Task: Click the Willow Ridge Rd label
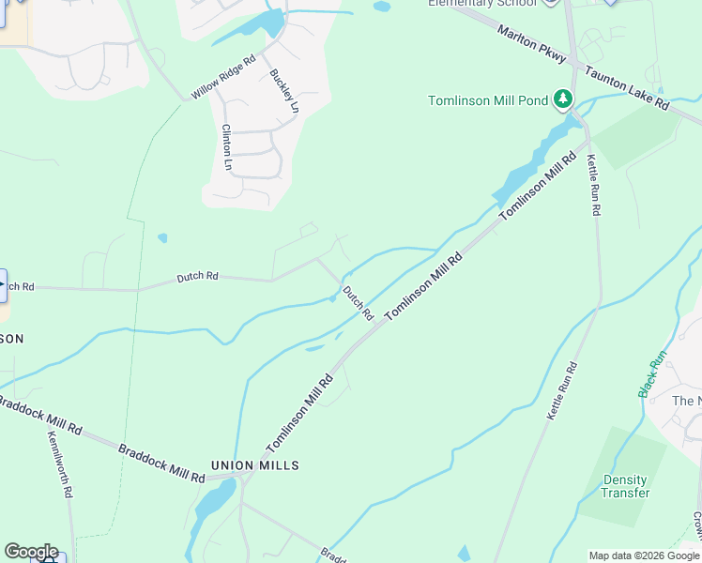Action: pyautogui.click(x=223, y=78)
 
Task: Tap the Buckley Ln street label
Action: pyautogui.click(x=283, y=92)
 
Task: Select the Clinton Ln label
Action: pyautogui.click(x=227, y=147)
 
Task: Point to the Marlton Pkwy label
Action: pyautogui.click(x=533, y=45)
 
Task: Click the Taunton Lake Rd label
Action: pyautogui.click(x=626, y=88)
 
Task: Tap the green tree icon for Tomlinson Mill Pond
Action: pyautogui.click(x=562, y=99)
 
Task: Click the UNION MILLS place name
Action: pyautogui.click(x=254, y=465)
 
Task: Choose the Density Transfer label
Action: pyautogui.click(x=626, y=486)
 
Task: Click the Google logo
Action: pyautogui.click(x=30, y=552)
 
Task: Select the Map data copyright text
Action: pyautogui.click(x=643, y=555)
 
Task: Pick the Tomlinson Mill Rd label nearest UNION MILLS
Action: pyautogui.click(x=299, y=414)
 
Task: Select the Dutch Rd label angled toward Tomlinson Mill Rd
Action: pyautogui.click(x=358, y=302)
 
